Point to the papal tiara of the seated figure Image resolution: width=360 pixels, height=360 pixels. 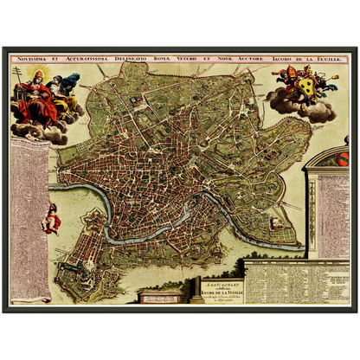click(x=32, y=75)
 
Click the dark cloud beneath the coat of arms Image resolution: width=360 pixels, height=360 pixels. click(x=299, y=108)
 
